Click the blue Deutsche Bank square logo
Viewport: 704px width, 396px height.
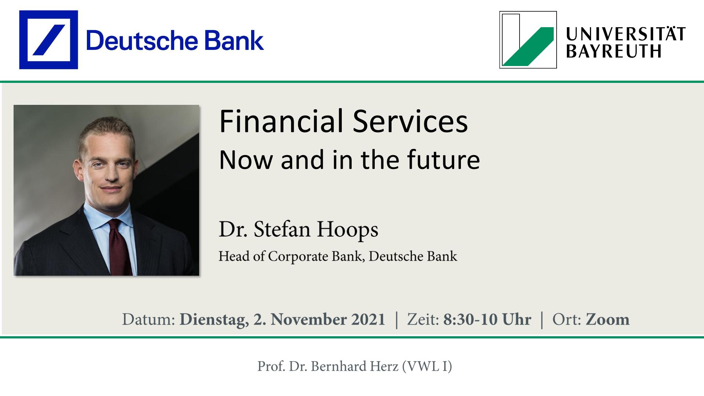pyautogui.click(x=48, y=40)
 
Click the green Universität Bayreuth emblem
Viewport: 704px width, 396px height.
pyautogui.click(x=528, y=40)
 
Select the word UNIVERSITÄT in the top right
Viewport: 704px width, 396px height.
pyautogui.click(x=626, y=34)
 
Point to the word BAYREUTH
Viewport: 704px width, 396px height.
pyautogui.click(x=614, y=51)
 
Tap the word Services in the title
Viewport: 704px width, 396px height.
pyautogui.click(x=410, y=121)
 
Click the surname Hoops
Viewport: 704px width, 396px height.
pyautogui.click(x=347, y=230)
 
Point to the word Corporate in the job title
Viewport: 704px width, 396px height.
pyautogui.click(x=298, y=256)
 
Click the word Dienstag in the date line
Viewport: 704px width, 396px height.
pyautogui.click(x=212, y=319)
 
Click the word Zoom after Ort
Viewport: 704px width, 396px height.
pyautogui.click(x=608, y=319)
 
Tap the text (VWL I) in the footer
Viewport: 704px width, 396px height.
pyautogui.click(x=427, y=366)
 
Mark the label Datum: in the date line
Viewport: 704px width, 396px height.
pyautogui.click(x=148, y=319)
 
